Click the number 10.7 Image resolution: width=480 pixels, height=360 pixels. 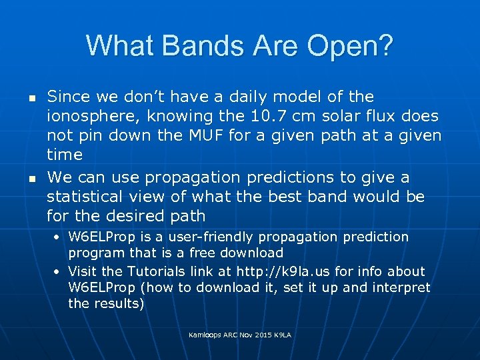[x=291, y=116]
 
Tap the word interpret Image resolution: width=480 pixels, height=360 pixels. [x=396, y=287]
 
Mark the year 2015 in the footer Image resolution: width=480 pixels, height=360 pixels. [x=261, y=334]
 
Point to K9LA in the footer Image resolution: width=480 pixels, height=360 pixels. [x=282, y=334]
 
